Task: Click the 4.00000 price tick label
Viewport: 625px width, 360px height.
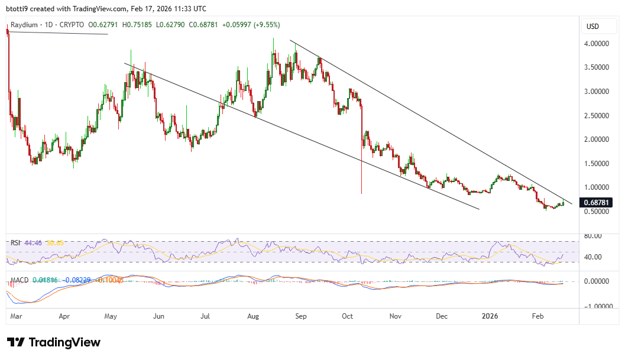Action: point(597,44)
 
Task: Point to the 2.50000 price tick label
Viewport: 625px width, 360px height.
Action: point(597,115)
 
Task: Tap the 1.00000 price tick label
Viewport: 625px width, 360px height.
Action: point(597,187)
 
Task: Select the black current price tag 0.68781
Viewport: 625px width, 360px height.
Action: point(597,202)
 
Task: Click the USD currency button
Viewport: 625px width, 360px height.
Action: point(592,27)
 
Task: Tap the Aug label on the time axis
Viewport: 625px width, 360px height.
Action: point(253,316)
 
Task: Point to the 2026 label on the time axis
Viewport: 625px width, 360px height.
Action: point(490,316)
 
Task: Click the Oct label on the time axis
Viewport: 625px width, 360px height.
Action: point(347,316)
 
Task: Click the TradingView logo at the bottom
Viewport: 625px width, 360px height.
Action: point(54,342)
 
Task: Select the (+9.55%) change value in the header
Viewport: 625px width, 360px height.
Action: point(264,25)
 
